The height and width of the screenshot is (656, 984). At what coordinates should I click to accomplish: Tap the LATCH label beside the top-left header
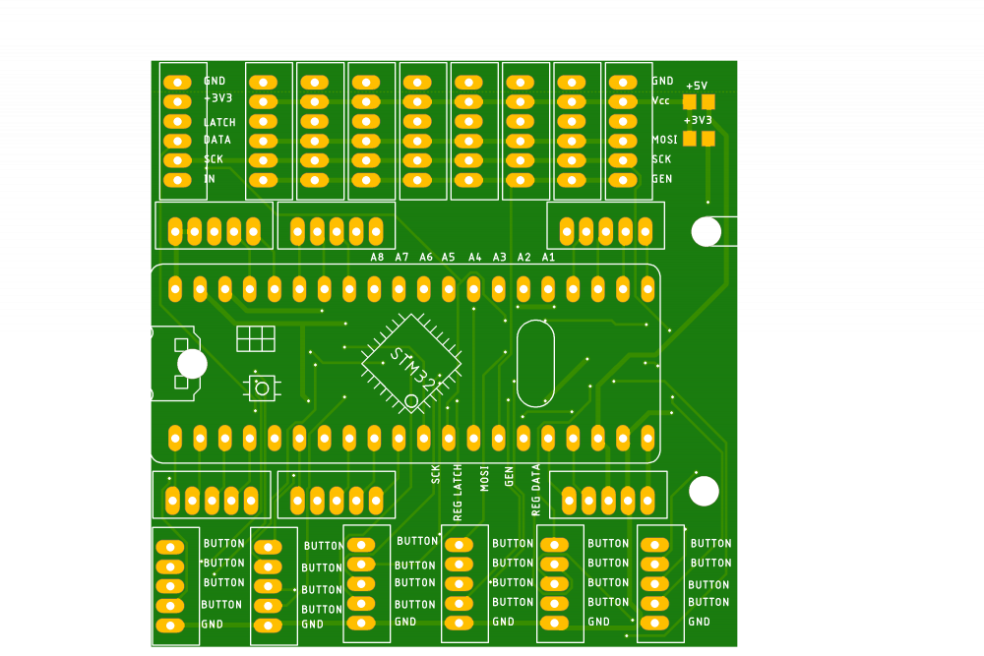point(219,122)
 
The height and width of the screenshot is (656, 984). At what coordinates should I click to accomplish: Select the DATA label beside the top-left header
point(217,140)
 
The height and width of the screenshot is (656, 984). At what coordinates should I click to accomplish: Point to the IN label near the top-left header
point(209,179)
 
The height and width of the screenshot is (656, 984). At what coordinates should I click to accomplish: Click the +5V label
point(697,86)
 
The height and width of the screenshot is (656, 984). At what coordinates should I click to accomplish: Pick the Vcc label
point(660,100)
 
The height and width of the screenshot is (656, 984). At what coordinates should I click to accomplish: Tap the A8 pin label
point(377,257)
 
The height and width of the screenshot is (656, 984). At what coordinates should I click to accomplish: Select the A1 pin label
point(548,257)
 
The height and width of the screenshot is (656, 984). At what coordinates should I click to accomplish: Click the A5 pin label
point(449,257)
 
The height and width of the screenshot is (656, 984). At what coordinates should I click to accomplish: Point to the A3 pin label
point(499,257)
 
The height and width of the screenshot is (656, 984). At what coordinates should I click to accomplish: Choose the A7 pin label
point(401,257)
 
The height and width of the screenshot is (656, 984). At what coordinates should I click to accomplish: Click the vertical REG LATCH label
point(457,492)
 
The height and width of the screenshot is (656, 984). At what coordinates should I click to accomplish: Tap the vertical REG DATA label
point(535,490)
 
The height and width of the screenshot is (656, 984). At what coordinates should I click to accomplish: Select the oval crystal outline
point(535,363)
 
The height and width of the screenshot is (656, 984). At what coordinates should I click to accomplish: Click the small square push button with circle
point(262,388)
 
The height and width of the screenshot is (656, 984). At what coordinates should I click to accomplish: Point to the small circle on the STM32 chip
point(411,400)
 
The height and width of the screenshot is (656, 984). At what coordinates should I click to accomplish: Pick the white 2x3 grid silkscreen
point(256,338)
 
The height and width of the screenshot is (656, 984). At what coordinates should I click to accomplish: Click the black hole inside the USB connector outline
point(192,364)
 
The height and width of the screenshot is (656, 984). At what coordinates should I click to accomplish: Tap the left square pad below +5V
point(690,102)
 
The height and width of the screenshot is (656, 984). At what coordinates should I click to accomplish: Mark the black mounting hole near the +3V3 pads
point(706,231)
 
